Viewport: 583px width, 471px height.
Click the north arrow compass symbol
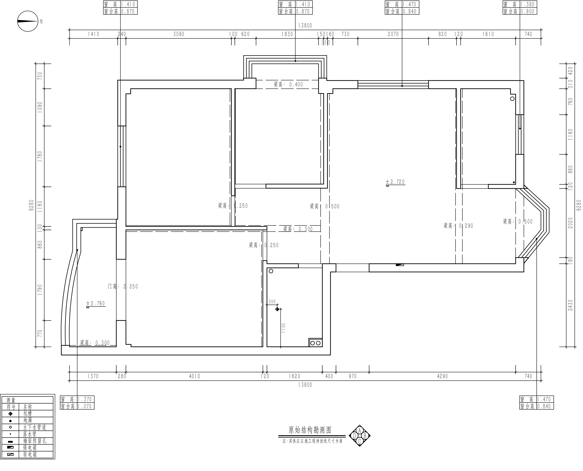tap(28, 21)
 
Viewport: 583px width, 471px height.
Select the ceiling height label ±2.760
tap(95, 304)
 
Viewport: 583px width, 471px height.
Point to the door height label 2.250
tap(123, 286)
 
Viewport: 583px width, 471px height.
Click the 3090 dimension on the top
tap(179, 34)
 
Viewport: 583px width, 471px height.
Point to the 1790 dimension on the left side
tap(40, 290)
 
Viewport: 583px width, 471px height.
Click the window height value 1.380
tap(527, 4)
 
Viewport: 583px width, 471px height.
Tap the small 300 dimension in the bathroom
tap(272, 302)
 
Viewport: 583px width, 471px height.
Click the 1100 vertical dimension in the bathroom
tap(284, 328)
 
